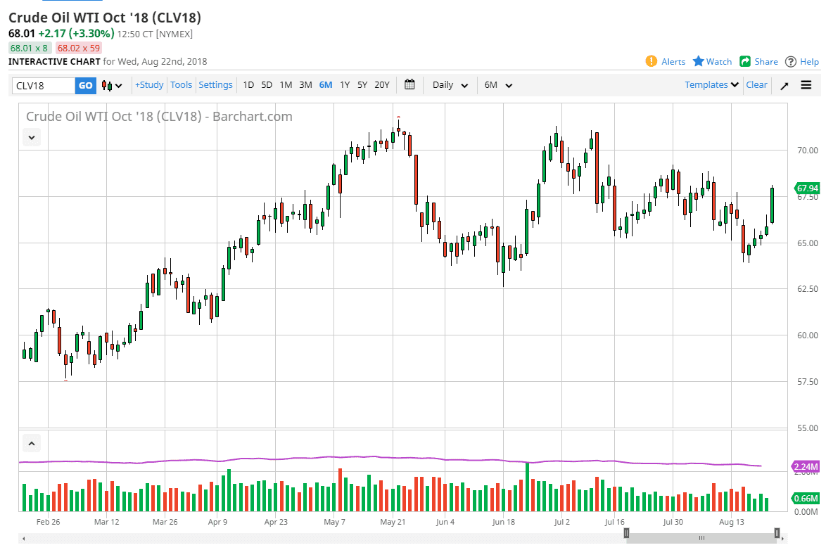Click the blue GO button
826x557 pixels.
click(x=85, y=85)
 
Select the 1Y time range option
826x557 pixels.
click(x=345, y=85)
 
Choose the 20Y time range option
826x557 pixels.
click(x=381, y=85)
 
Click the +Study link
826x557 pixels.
click(x=149, y=85)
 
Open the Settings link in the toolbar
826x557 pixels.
click(x=215, y=85)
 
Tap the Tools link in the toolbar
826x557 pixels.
click(x=181, y=85)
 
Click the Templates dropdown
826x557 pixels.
click(x=711, y=85)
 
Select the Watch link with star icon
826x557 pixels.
click(x=712, y=62)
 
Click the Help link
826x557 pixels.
click(x=802, y=62)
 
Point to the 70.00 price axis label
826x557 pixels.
click(x=807, y=151)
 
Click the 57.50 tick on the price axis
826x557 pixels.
click(x=807, y=382)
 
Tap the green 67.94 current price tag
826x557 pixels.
click(x=807, y=188)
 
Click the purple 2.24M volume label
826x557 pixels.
click(x=806, y=466)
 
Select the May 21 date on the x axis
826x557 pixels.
click(x=393, y=522)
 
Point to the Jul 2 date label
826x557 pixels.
click(x=561, y=522)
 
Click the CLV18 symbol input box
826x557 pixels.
click(x=44, y=85)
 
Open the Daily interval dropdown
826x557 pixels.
click(x=450, y=85)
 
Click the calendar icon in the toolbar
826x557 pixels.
click(x=409, y=85)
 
